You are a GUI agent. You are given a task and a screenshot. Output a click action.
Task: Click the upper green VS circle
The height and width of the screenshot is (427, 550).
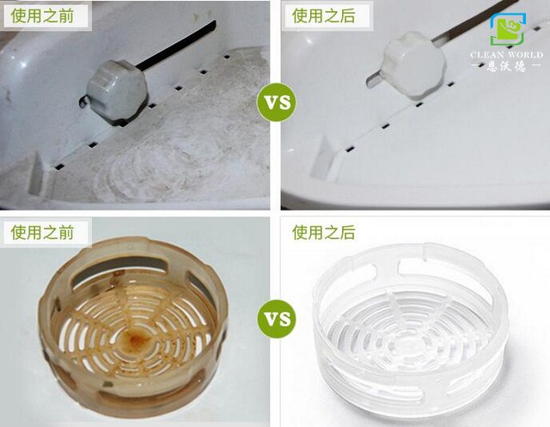[x=277, y=102]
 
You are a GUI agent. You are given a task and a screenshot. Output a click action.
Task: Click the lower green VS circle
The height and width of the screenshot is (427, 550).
[x=277, y=319]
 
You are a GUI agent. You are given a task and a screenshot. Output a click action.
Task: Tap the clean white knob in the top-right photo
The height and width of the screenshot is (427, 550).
[x=413, y=64]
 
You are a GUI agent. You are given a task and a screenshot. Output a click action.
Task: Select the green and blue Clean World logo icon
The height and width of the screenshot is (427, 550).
[x=508, y=29]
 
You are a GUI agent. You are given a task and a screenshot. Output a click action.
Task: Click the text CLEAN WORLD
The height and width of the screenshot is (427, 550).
[x=506, y=55]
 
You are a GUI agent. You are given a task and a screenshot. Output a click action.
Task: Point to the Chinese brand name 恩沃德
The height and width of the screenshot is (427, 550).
[x=506, y=66]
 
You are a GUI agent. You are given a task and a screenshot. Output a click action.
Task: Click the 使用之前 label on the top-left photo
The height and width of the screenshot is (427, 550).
[x=42, y=15]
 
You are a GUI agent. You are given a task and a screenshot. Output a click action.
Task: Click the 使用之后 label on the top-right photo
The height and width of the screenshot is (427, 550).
[x=323, y=15]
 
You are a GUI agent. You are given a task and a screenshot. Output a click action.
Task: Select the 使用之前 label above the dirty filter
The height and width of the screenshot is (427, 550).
[x=42, y=232]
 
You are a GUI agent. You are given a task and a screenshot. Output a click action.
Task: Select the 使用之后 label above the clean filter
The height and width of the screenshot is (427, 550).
[x=323, y=232]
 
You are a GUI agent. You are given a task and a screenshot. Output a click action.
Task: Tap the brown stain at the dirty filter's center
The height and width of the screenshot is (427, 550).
[x=136, y=339]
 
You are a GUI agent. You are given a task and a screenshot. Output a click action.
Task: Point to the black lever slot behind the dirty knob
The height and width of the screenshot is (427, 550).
[x=176, y=45]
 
